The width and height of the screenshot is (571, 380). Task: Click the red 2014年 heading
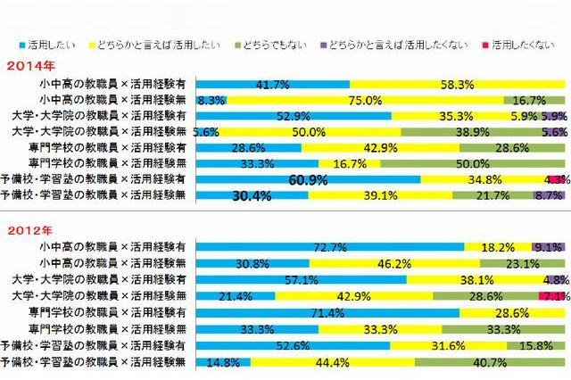pos(29,65)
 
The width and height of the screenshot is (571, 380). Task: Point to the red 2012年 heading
pos(29,230)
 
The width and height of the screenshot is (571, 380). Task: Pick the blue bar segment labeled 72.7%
pos(329,246)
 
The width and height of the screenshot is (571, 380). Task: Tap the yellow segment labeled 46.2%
pos(393,263)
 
